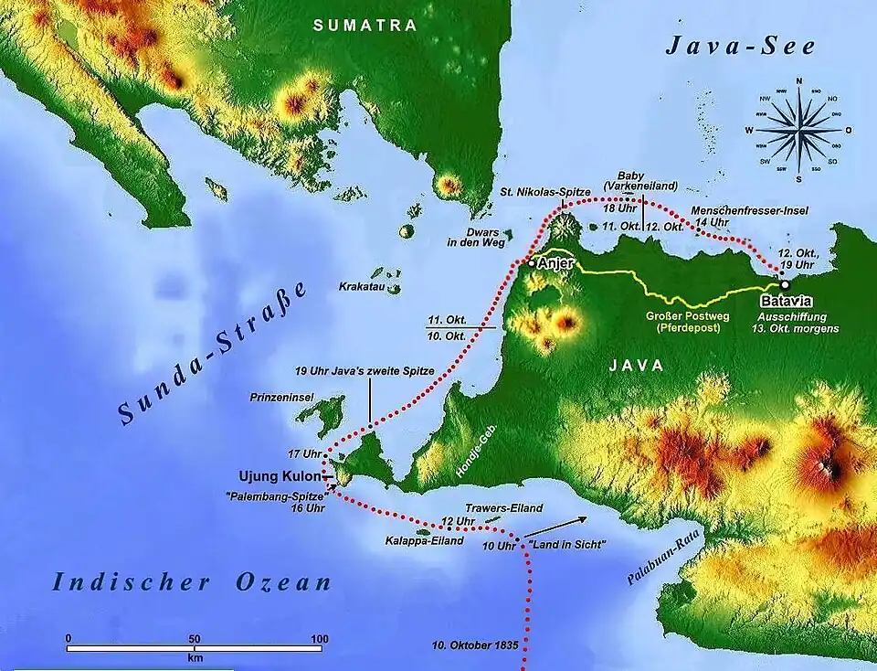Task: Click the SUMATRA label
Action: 365,26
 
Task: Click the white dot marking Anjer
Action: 531,263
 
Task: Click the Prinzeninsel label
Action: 282,398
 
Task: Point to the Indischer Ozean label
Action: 191,582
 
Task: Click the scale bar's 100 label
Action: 318,638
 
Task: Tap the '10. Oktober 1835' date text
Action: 475,645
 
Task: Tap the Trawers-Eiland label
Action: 504,507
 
